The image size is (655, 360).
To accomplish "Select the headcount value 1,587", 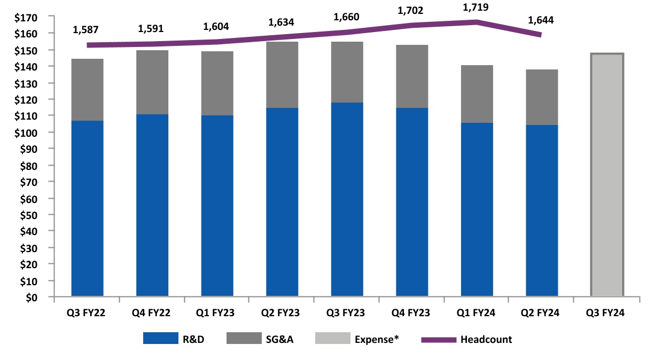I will (x=87, y=28).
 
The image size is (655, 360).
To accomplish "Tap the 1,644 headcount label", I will (x=541, y=20).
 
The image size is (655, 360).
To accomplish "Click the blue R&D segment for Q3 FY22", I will (x=87, y=208).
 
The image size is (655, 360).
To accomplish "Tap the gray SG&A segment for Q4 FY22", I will (x=152, y=82).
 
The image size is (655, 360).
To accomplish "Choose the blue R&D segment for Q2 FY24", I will (x=542, y=210).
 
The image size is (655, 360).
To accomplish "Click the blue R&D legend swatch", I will (x=160, y=339).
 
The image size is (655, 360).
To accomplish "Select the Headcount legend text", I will (x=486, y=339).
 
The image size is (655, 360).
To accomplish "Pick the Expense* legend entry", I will (x=377, y=339).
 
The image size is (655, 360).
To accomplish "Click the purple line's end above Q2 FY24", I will (x=540, y=35).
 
